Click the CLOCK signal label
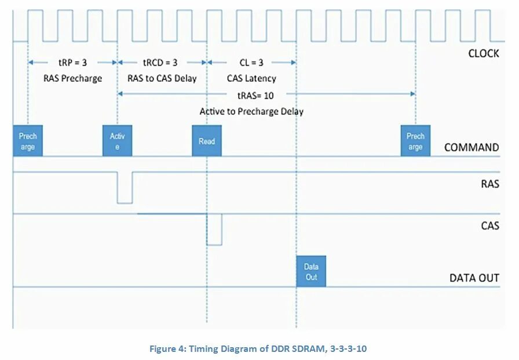(483, 53)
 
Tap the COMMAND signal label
(471, 147)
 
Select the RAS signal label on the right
(489, 185)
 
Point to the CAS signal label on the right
(489, 226)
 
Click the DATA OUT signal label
(474, 278)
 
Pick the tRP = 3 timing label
(73, 63)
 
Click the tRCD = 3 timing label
(160, 63)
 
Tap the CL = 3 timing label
(251, 63)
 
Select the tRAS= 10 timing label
(255, 94)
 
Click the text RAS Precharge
(73, 78)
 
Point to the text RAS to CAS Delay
(162, 78)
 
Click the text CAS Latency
(251, 78)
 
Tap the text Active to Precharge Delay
(251, 111)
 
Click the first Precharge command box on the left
(28, 141)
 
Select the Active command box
(118, 141)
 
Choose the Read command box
(207, 141)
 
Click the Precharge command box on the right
(415, 141)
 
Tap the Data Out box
(311, 271)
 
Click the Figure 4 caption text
(258, 348)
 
